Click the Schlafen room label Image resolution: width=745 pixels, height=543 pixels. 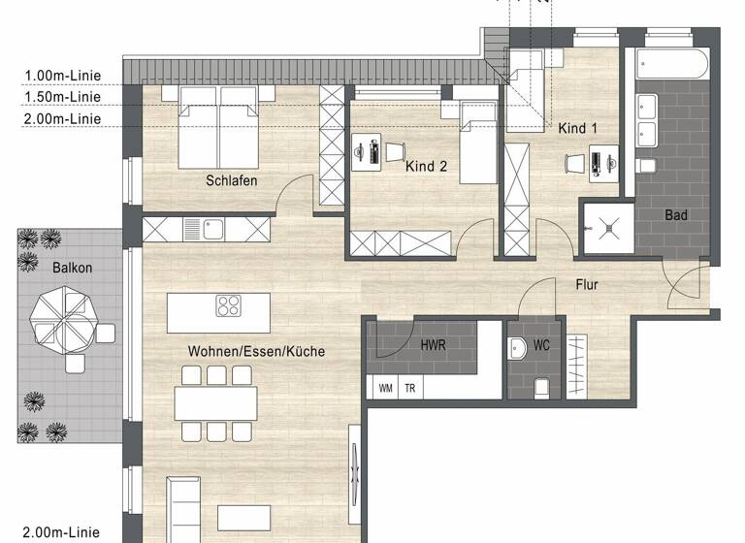point(231,180)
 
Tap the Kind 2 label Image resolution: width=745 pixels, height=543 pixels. point(426,167)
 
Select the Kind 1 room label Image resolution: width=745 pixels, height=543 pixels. point(578,128)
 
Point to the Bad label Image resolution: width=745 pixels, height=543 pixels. point(676,214)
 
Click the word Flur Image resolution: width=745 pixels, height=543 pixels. point(586,285)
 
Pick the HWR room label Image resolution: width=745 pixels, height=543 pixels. point(434,344)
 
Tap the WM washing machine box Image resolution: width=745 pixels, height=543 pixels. point(385,387)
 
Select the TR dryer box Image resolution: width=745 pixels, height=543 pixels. point(410,387)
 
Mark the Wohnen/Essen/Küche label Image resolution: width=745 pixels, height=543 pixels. point(256,351)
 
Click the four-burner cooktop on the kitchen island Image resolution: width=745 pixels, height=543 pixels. point(228,306)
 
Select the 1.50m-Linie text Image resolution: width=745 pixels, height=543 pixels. point(63,97)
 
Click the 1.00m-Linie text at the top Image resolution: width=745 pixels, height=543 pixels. point(63,76)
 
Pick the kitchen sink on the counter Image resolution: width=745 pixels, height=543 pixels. point(213,230)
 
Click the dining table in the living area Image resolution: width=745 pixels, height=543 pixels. point(215,401)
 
